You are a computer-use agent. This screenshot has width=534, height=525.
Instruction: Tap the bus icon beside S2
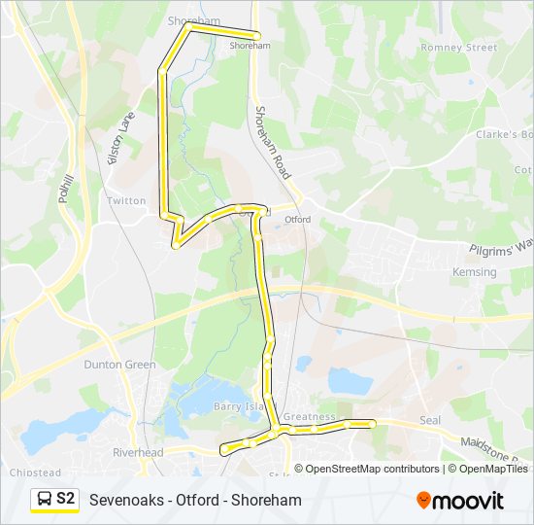point(45,499)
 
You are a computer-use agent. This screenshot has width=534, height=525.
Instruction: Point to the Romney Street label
point(458,48)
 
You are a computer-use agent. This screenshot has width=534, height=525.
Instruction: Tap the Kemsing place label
point(474,273)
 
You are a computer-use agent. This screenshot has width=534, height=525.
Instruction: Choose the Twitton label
point(126,200)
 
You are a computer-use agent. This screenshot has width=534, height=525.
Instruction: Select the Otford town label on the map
point(298,220)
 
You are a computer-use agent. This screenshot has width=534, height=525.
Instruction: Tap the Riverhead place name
point(137,452)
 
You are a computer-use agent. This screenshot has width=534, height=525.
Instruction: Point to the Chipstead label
point(35,472)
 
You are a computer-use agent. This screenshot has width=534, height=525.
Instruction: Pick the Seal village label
point(430,420)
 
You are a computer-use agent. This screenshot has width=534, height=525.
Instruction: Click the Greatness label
point(309,417)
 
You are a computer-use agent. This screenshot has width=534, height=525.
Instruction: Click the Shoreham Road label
point(273,142)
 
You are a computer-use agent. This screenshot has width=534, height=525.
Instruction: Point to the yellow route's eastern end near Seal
point(372,423)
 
